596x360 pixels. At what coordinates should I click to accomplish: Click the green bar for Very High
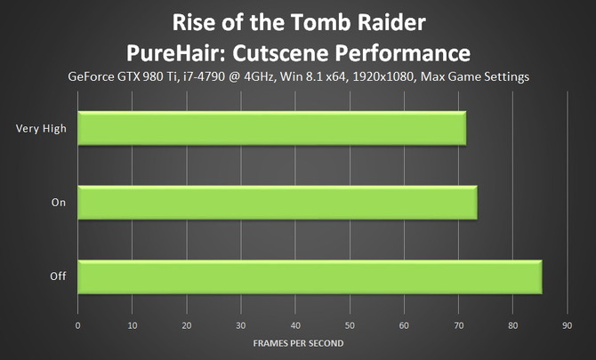[x=272, y=128]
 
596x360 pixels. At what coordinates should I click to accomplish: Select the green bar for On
[x=278, y=203]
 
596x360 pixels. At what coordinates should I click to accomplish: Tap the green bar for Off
[x=310, y=276]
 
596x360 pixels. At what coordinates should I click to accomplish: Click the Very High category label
[x=41, y=129]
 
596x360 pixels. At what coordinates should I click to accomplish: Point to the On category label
[x=59, y=203]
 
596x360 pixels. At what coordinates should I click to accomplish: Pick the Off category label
[x=58, y=276]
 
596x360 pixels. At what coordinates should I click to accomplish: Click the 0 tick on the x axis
[x=78, y=326]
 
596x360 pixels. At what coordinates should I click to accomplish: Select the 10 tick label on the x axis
[x=133, y=326]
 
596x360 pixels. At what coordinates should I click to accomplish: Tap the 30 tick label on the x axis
[x=241, y=326]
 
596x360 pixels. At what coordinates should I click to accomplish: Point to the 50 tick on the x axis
[x=350, y=326]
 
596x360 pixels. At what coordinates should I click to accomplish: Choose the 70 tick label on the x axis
[x=458, y=326]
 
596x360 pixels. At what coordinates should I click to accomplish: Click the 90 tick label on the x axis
[x=568, y=326]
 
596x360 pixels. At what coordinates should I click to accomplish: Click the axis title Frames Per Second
[x=298, y=343]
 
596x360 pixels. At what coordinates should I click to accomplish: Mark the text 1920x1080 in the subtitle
[x=383, y=76]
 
